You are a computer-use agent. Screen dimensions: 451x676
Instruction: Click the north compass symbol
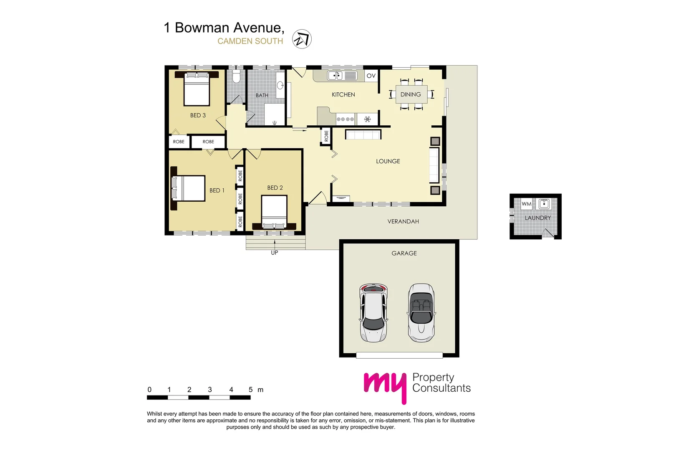pyautogui.click(x=302, y=39)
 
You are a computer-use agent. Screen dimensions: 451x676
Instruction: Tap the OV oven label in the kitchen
pyautogui.click(x=371, y=76)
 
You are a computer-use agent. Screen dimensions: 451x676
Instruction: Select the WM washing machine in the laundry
pyautogui.click(x=527, y=204)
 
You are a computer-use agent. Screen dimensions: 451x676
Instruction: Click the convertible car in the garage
pyautogui.click(x=421, y=312)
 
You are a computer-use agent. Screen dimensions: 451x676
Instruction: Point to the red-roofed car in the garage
pyautogui.click(x=373, y=312)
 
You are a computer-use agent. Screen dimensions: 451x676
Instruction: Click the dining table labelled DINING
pyautogui.click(x=411, y=94)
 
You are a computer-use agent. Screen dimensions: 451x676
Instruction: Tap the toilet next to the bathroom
pyautogui.click(x=236, y=77)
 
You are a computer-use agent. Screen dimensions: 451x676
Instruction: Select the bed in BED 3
pyautogui.click(x=197, y=89)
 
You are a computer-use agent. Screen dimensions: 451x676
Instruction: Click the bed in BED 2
pyautogui.click(x=274, y=212)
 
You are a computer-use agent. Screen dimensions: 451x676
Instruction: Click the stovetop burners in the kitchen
pyautogui.click(x=345, y=119)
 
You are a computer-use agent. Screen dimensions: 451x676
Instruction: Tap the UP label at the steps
pyautogui.click(x=274, y=253)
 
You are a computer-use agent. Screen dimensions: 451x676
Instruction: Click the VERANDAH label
pyautogui.click(x=403, y=221)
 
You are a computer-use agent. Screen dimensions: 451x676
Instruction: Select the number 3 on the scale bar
pyautogui.click(x=210, y=390)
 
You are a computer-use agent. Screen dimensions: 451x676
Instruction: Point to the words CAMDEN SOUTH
pyautogui.click(x=250, y=41)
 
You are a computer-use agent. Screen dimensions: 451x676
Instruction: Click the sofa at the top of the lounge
pyautogui.click(x=363, y=134)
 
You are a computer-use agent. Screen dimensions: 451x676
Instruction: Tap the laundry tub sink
pyautogui.click(x=544, y=204)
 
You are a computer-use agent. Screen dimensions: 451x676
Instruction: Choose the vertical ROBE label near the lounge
pyautogui.click(x=326, y=136)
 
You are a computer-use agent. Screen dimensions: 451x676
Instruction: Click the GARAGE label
pyautogui.click(x=404, y=253)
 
